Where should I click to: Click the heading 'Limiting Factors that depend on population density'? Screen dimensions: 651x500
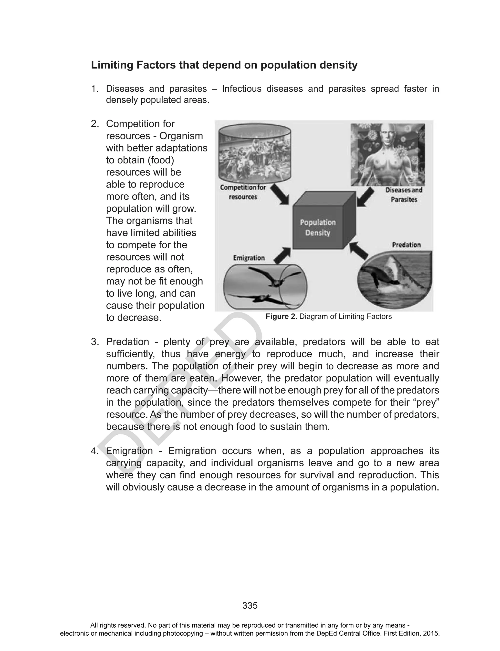(224, 65)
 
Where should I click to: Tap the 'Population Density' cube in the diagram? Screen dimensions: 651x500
(318, 227)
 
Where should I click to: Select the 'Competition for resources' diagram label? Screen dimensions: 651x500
(243, 192)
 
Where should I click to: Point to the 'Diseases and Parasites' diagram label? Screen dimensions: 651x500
(404, 195)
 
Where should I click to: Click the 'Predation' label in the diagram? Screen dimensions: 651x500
(406, 245)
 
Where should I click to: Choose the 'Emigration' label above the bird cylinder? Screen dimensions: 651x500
(249, 258)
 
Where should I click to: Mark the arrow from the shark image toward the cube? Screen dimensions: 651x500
(359, 250)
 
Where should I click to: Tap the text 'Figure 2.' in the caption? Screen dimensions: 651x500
(281, 317)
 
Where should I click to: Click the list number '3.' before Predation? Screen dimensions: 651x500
(95, 342)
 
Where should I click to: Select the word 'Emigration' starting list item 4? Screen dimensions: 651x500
(129, 451)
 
